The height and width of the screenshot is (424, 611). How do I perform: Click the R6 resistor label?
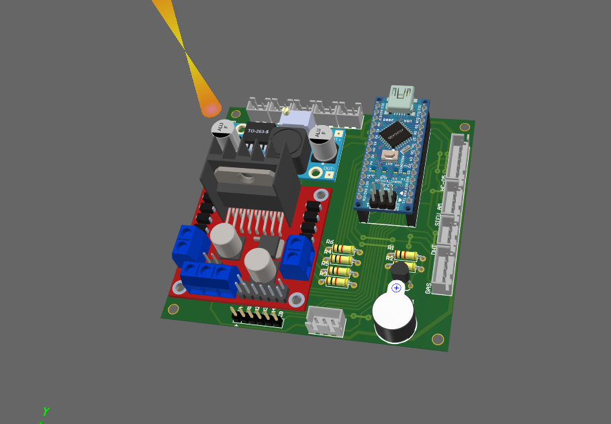pos(330,242)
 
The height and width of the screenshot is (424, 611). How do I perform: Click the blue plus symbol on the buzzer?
pos(396,288)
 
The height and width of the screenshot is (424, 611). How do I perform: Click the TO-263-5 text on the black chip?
pos(258,131)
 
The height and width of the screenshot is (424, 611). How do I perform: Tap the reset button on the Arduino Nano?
pos(388,156)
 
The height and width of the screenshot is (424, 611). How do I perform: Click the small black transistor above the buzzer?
pos(399,271)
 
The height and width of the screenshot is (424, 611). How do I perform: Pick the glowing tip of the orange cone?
pos(211,108)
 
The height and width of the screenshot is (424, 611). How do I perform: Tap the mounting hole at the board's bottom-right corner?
pos(438,339)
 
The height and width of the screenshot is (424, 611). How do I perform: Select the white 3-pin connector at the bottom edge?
pos(326,321)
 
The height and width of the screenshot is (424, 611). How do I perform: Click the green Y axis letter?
pos(46,411)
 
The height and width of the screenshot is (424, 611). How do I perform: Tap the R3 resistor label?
pos(324,273)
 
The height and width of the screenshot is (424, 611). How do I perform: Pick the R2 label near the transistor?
pos(389,258)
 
